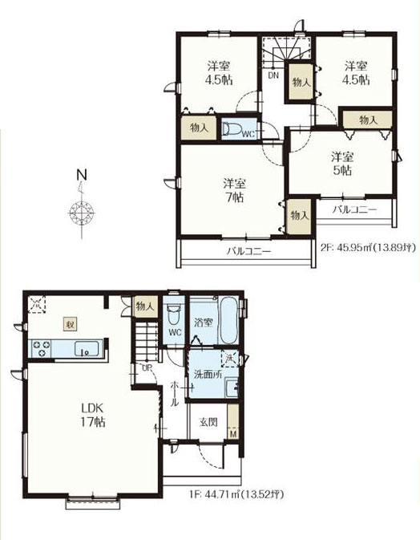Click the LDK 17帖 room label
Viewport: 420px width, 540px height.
93,415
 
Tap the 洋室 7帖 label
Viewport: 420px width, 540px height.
234,190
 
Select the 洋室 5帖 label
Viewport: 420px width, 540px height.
342,164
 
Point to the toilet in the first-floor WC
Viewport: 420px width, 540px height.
173,314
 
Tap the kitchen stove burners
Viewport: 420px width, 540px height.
42,348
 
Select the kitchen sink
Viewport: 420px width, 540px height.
87,348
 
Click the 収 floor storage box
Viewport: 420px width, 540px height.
71,324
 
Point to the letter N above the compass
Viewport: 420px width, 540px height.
82,175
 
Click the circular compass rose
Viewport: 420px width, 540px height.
82,212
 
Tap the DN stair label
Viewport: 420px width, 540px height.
273,75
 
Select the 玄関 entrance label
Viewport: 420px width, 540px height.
208,422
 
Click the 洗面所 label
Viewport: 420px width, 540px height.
208,375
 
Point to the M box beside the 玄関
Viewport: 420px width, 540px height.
233,434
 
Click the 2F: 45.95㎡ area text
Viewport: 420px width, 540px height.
367,247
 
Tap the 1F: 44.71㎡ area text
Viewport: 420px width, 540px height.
236,495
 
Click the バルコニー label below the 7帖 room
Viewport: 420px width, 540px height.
248,251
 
